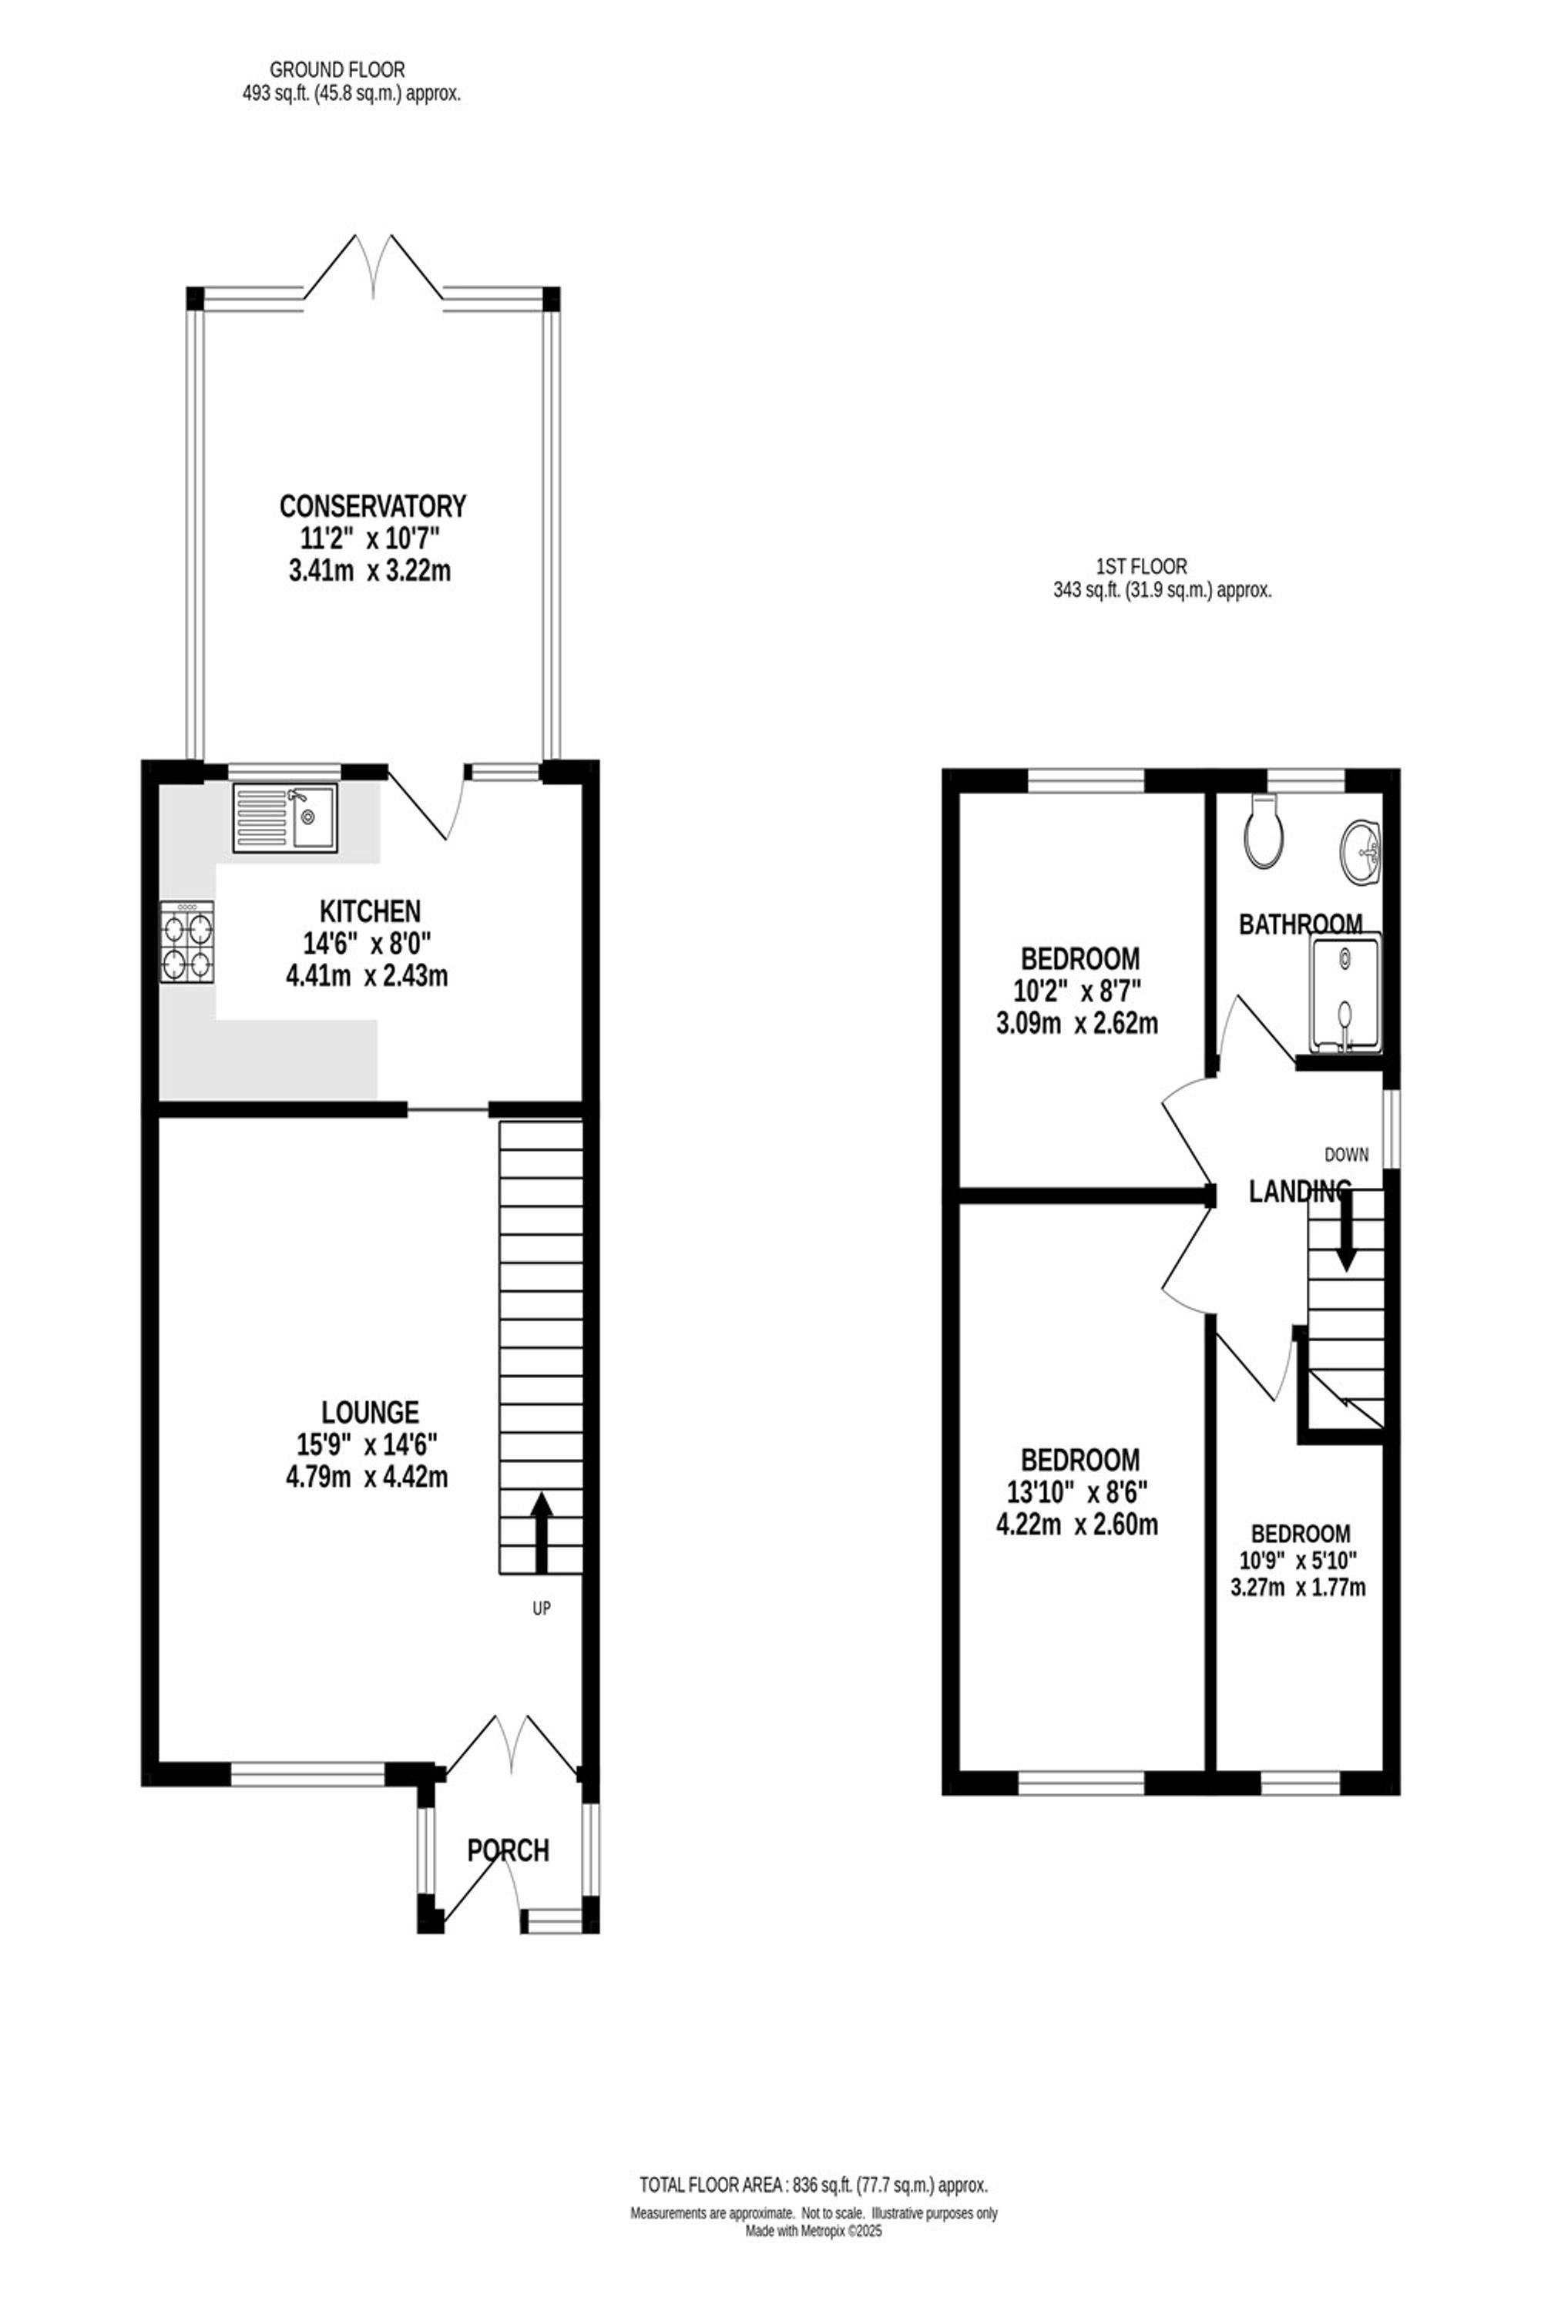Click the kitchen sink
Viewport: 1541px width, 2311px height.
tap(285, 817)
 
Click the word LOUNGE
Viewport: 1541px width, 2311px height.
tap(371, 1413)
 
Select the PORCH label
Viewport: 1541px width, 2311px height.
tap(508, 1851)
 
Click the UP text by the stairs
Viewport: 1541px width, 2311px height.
tap(542, 1608)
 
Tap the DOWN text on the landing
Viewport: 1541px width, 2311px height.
tap(1346, 1155)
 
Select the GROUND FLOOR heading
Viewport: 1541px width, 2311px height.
tap(337, 70)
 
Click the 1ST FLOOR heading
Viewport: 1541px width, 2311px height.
tap(1141, 567)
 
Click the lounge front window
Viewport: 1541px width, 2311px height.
tap(307, 1773)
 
